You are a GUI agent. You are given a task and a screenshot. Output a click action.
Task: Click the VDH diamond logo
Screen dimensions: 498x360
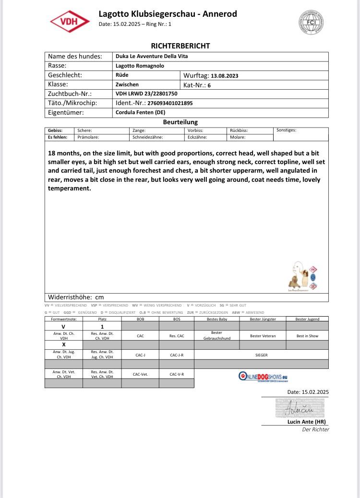70,22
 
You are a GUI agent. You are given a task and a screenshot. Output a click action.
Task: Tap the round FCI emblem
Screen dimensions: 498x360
312,22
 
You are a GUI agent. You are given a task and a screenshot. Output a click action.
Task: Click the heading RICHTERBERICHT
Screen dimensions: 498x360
180,46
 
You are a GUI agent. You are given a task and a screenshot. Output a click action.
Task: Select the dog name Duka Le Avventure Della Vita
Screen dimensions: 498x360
152,57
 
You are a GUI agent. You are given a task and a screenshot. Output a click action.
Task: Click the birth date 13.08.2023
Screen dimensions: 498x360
225,76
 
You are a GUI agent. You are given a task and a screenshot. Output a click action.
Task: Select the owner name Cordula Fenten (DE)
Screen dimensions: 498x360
141,113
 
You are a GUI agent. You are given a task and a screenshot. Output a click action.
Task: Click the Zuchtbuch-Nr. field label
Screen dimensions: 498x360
70,94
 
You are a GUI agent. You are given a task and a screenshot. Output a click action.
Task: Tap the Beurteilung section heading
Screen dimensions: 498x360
180,122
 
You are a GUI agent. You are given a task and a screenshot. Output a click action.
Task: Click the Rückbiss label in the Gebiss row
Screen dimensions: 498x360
239,130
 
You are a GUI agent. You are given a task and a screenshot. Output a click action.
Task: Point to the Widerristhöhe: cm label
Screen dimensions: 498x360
76,297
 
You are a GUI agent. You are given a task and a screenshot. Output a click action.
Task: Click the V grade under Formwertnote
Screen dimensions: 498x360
64,326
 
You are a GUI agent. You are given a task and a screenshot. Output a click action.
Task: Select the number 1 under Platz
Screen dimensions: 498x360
102,326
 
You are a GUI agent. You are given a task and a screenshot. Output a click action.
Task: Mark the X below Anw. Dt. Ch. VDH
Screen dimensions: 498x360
64,345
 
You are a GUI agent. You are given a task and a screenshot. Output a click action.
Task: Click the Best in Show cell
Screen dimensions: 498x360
307,336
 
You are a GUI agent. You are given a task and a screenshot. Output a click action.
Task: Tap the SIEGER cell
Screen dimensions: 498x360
261,355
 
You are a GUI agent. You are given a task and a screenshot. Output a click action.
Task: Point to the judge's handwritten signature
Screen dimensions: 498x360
300,409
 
